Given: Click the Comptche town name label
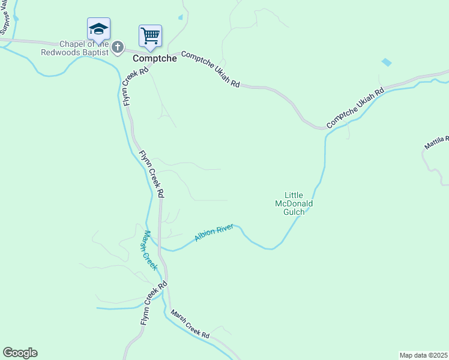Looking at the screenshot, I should [154, 59].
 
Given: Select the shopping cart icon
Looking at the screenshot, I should [150, 35].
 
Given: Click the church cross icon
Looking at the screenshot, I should [118, 47].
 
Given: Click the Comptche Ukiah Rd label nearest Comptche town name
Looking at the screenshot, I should [210, 69].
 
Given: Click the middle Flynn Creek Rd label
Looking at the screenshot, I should [152, 174].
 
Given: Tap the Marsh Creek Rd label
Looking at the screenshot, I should [189, 324].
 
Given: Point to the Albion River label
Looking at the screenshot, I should [213, 233].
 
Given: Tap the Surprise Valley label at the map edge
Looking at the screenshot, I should [5, 18].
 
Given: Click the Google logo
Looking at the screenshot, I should [20, 353].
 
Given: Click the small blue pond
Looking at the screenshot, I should [387, 62].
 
